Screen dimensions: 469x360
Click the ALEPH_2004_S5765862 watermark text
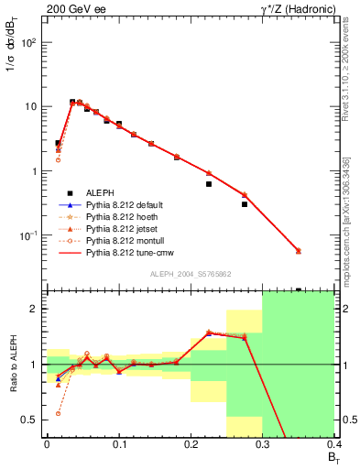[x=190, y=275]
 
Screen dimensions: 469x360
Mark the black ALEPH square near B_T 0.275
[x=245, y=204]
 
